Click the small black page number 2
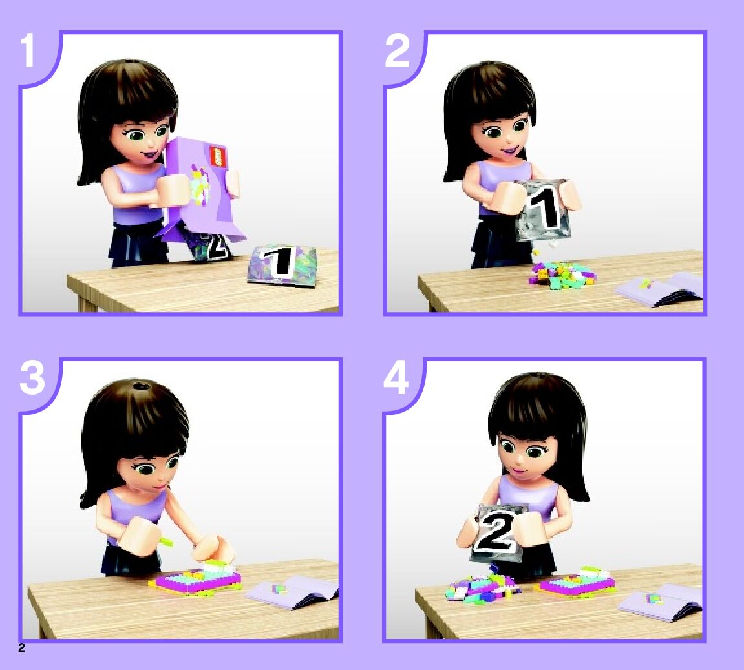click(x=21, y=648)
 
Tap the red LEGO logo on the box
click(x=216, y=156)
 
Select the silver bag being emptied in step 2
click(x=542, y=209)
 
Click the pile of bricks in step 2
click(x=562, y=275)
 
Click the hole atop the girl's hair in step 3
click(x=140, y=384)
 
